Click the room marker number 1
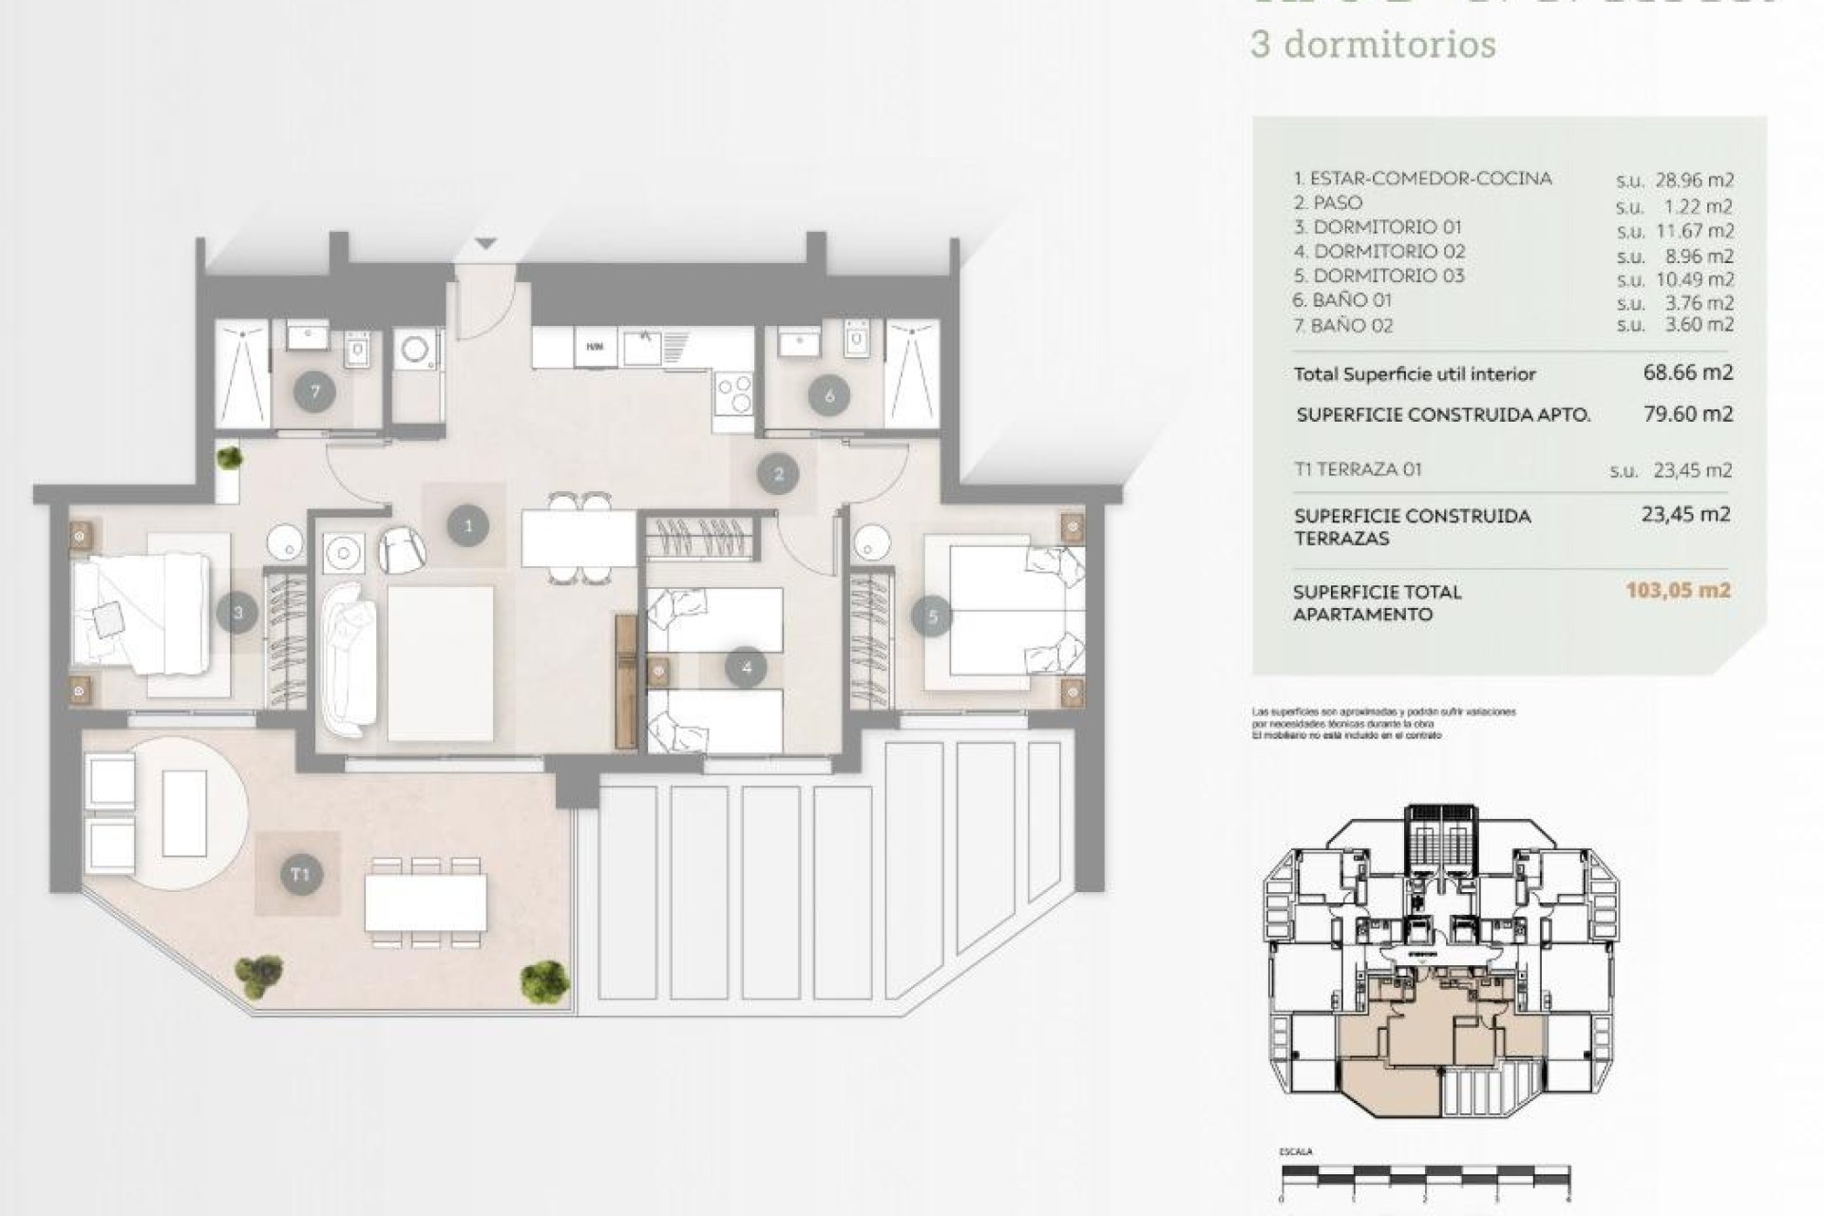[x=467, y=524]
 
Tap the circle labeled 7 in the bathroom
[x=313, y=391]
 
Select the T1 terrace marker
[x=299, y=874]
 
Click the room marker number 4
[x=746, y=668]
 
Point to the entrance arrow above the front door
[x=485, y=245]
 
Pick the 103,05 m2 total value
[x=1678, y=590]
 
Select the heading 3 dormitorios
[x=1374, y=45]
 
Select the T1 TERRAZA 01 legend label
[x=1358, y=469]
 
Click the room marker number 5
[x=932, y=617]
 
